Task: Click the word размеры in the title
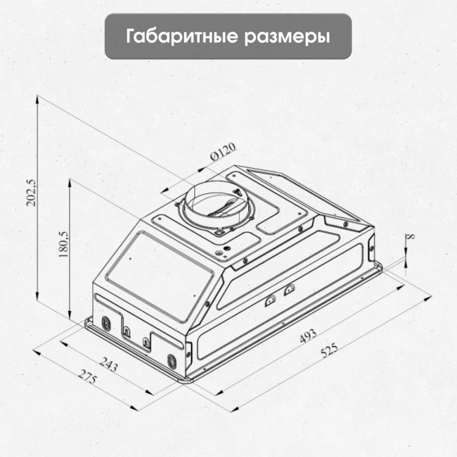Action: click(288, 38)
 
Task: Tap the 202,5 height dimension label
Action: click(31, 193)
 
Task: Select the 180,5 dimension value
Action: click(63, 244)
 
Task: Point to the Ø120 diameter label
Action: click(223, 151)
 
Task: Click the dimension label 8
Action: click(411, 236)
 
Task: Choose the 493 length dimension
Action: click(308, 336)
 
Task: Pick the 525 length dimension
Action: click(329, 350)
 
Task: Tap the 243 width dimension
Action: click(109, 364)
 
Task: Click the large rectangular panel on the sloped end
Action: click(160, 275)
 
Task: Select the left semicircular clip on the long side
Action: click(270, 300)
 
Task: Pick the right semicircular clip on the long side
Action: click(289, 289)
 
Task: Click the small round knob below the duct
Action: click(226, 249)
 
